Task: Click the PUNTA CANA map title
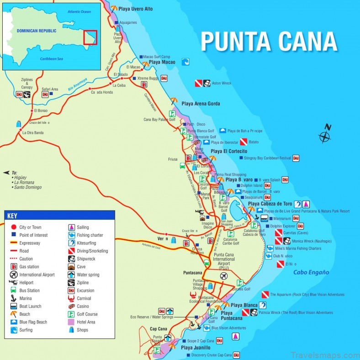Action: (269, 42)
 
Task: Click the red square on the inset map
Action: (90, 37)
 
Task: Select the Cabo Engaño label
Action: (311, 272)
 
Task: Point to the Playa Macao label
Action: (163, 62)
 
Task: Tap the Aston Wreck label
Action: (222, 84)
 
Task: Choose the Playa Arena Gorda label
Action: (201, 104)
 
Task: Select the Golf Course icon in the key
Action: (71, 314)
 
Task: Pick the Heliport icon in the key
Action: (13, 283)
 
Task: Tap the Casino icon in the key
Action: (71, 307)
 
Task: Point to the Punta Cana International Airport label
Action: (224, 261)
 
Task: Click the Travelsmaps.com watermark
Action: (324, 354)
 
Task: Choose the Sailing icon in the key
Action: (71, 227)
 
